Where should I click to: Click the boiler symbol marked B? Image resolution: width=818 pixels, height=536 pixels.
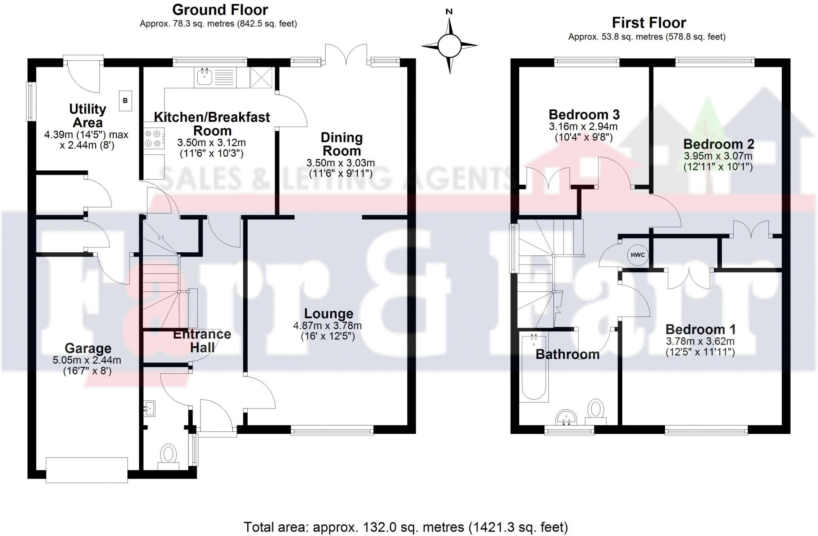coord(125,101)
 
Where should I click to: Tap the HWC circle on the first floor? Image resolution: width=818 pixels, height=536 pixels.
coord(637,255)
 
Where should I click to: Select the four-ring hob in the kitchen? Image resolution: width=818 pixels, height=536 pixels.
coord(154,138)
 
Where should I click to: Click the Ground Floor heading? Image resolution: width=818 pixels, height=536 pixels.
coord(220,9)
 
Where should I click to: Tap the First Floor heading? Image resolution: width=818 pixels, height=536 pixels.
coord(649,22)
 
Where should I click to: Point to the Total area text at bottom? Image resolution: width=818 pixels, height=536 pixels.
coord(405,527)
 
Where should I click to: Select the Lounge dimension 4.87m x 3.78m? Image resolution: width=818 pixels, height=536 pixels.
coord(327,326)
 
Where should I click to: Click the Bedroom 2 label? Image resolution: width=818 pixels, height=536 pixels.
coord(718,144)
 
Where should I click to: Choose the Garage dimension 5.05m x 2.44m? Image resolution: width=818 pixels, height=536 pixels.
coord(87,360)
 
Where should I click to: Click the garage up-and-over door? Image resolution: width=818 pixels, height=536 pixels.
coord(87,470)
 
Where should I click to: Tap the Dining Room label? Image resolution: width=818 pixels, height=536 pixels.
coord(341,144)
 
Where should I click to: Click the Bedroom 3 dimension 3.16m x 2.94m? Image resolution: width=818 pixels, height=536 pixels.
coord(583,127)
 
